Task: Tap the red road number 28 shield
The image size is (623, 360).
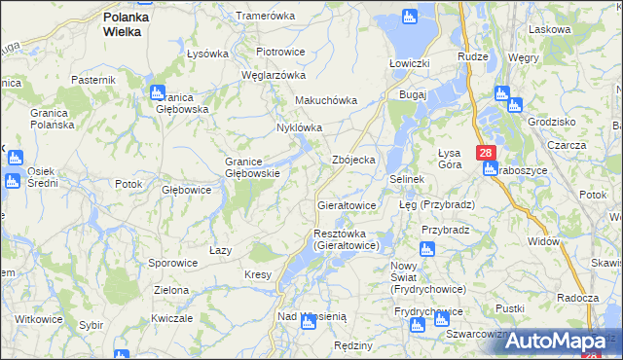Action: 487,154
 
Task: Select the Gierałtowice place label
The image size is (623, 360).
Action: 347,206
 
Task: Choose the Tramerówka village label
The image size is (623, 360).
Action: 265,17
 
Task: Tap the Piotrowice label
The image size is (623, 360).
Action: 280,51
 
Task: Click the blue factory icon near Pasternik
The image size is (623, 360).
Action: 157,93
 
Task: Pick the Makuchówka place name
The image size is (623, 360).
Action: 326,100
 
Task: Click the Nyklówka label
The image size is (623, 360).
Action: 299,127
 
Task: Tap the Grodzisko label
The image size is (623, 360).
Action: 550,123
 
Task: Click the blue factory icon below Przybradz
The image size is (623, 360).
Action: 426,249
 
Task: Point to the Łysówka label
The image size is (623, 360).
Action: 206,53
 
